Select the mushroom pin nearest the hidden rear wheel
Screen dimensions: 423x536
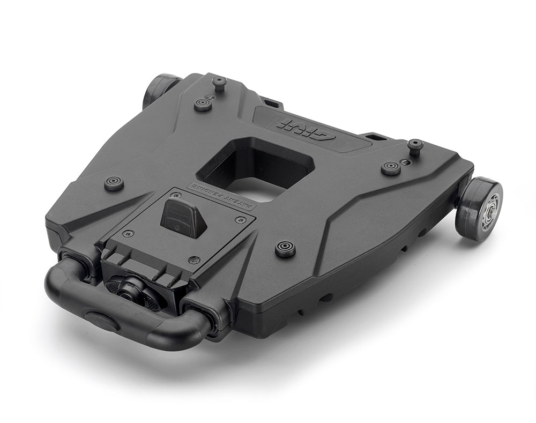219,83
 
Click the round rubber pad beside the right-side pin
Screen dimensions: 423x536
391,168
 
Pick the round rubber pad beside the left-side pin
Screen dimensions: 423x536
203,104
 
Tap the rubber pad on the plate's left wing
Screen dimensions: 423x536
114,183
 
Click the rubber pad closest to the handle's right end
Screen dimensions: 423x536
285,248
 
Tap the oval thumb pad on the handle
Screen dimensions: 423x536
102,320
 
